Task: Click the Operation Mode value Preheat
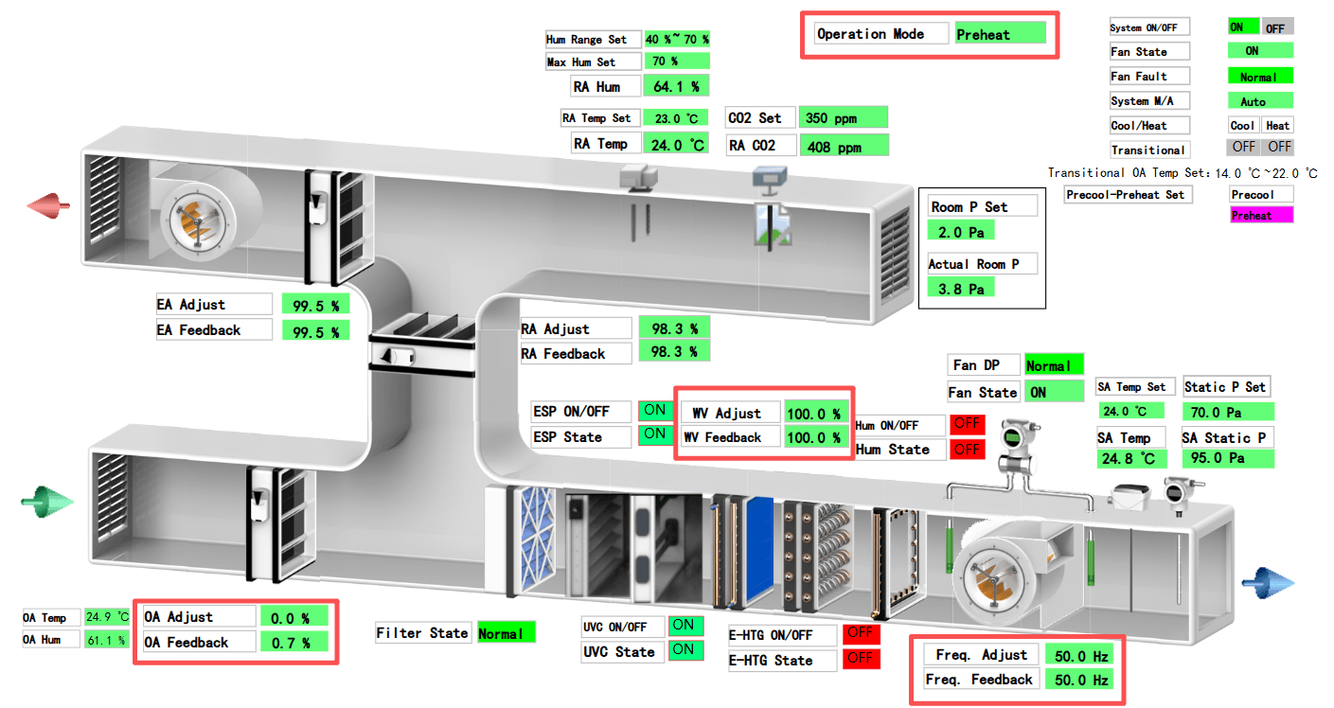[x=1000, y=34]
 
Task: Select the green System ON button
[x=1242, y=27]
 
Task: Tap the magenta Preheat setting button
[x=1260, y=216]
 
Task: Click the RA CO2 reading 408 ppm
[x=844, y=147]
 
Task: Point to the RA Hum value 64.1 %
[x=676, y=86]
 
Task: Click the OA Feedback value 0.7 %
[x=293, y=644]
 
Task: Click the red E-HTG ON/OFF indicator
[x=860, y=634]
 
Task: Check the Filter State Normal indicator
[x=506, y=633]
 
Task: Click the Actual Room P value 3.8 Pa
[x=961, y=289]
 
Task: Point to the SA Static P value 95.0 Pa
[x=1227, y=458]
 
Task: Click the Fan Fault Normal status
[x=1259, y=77]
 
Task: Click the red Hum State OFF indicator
[x=967, y=450]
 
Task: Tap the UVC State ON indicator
[x=683, y=650]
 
